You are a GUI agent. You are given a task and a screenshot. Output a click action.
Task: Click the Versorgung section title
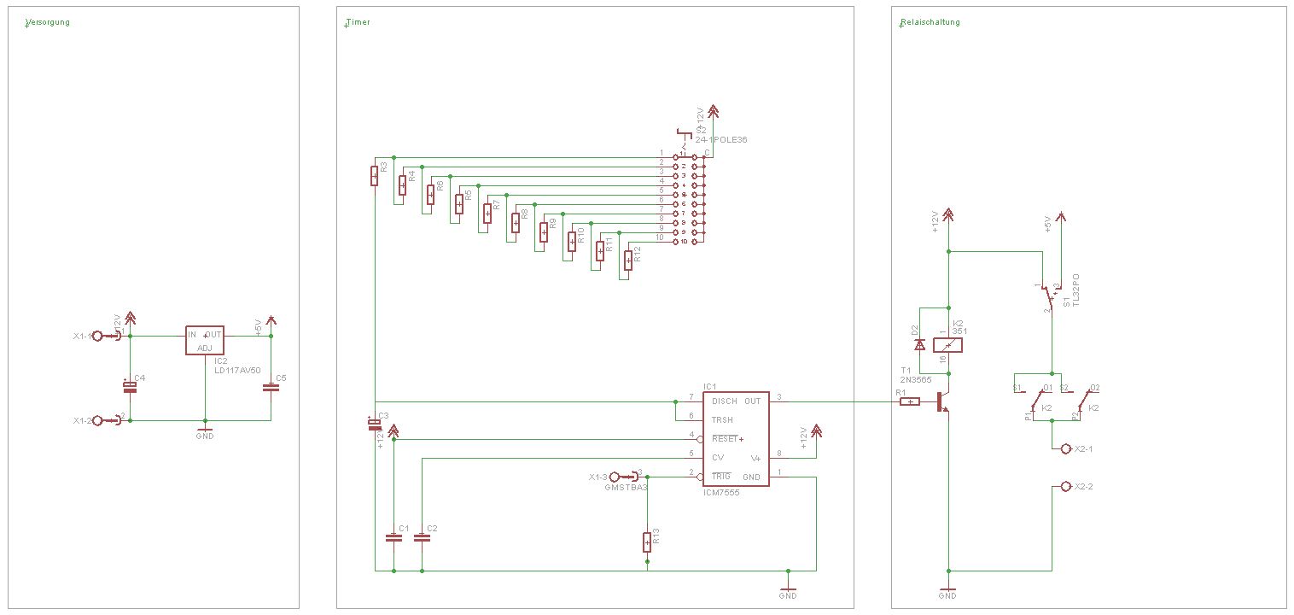point(48,22)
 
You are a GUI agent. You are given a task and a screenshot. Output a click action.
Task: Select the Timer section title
point(358,22)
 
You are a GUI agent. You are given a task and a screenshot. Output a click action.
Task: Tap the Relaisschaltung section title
point(930,22)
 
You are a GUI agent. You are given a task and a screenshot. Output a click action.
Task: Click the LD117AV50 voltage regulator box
point(205,340)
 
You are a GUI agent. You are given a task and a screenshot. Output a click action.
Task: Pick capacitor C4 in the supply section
point(130,388)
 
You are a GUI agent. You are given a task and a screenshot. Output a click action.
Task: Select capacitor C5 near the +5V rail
point(271,388)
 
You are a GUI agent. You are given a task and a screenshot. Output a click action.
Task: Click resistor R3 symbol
point(374,175)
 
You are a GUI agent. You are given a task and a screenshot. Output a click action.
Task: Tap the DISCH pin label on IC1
point(724,401)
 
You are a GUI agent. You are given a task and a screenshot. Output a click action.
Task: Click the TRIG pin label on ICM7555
point(722,476)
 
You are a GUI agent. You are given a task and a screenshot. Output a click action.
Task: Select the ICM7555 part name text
point(721,493)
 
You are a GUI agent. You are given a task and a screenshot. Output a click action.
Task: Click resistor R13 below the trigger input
point(647,542)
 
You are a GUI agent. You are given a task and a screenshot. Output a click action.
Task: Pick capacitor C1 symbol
point(393,538)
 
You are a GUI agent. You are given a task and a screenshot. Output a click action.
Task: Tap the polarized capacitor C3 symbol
point(374,423)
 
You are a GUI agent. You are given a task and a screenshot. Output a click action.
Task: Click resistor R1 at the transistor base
point(910,401)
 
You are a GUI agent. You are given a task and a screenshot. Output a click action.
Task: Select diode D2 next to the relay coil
point(919,344)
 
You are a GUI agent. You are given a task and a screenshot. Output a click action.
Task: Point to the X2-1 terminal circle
point(1065,448)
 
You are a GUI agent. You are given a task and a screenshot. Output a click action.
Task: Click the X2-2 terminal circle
point(1065,486)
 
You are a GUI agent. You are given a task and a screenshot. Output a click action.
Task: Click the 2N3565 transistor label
point(916,378)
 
